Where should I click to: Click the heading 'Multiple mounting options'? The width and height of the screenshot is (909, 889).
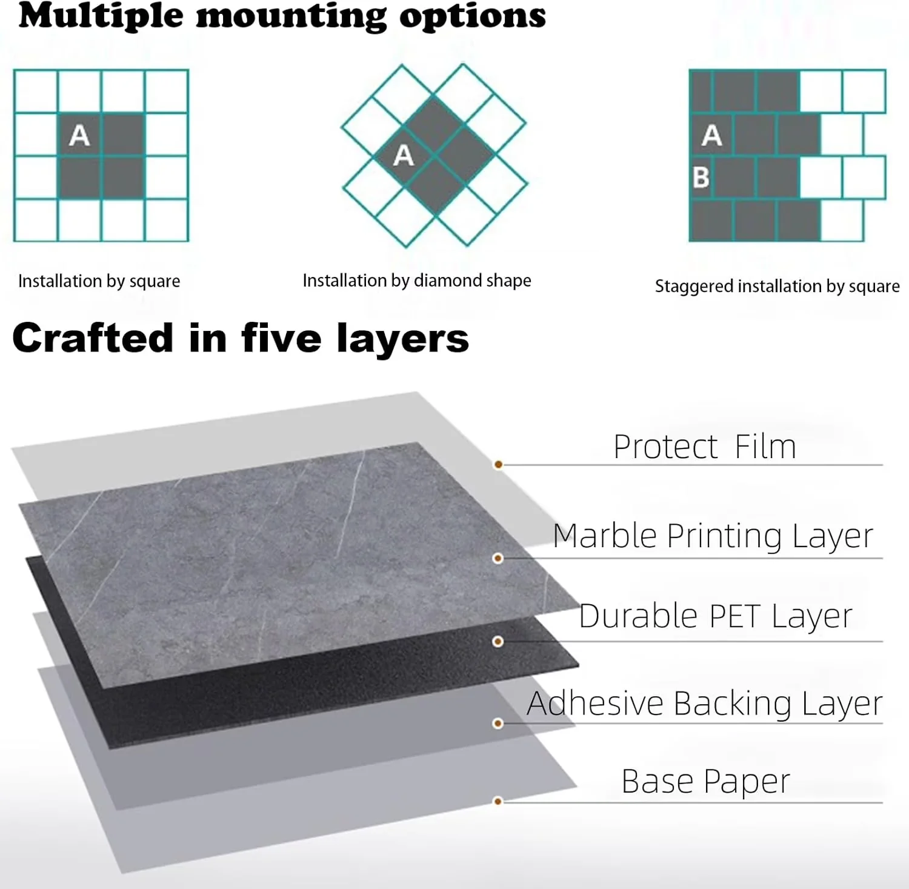(x=282, y=17)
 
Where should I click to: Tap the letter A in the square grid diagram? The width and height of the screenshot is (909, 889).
(x=79, y=135)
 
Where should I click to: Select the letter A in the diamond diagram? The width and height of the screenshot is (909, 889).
(x=404, y=156)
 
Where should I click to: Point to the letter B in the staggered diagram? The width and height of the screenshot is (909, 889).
(x=701, y=177)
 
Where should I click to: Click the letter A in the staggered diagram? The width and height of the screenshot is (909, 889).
(x=712, y=135)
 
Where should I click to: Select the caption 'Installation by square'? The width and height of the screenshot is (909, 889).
(x=99, y=281)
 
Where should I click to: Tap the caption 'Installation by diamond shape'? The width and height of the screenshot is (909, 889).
(x=417, y=281)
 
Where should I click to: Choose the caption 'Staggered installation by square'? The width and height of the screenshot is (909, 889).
(x=777, y=286)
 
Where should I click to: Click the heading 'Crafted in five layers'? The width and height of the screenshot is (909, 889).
(x=241, y=339)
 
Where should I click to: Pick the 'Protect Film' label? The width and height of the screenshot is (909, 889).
(x=705, y=447)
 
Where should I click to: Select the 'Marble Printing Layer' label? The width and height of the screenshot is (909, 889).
(x=713, y=536)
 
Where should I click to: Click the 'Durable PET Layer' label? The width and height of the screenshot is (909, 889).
(x=716, y=616)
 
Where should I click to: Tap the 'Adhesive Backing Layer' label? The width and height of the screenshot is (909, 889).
(x=705, y=704)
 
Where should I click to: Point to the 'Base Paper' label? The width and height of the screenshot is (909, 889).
(x=706, y=782)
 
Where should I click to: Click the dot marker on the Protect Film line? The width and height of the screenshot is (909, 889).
(x=498, y=465)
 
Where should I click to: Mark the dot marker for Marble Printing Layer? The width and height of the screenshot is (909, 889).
(x=498, y=558)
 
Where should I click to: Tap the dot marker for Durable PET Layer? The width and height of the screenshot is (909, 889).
(x=498, y=641)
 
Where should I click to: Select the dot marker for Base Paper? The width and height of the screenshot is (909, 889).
(x=498, y=802)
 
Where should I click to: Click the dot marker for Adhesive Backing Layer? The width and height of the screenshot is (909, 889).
(x=498, y=724)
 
